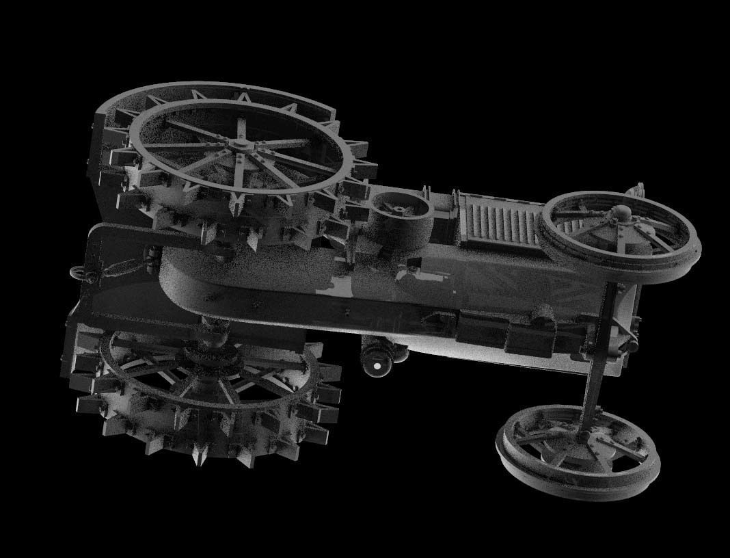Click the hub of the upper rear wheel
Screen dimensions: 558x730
[240, 144]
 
